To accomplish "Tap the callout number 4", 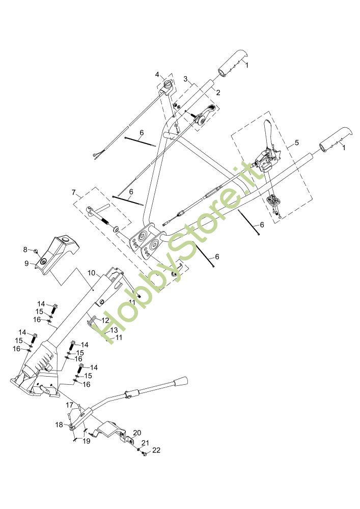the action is tap(158, 75).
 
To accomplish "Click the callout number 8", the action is tap(25, 249).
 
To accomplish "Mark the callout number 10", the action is tap(91, 273).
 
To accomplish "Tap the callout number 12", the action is tap(105, 321).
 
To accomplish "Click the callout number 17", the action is tap(70, 405).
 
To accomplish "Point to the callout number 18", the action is tap(59, 424).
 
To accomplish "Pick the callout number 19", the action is tap(86, 441).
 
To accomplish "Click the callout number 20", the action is tap(136, 433).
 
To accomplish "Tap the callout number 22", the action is tap(156, 450).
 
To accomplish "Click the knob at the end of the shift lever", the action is tap(181, 382).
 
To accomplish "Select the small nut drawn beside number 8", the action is tap(36, 250).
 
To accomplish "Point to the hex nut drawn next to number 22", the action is tap(145, 453).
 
